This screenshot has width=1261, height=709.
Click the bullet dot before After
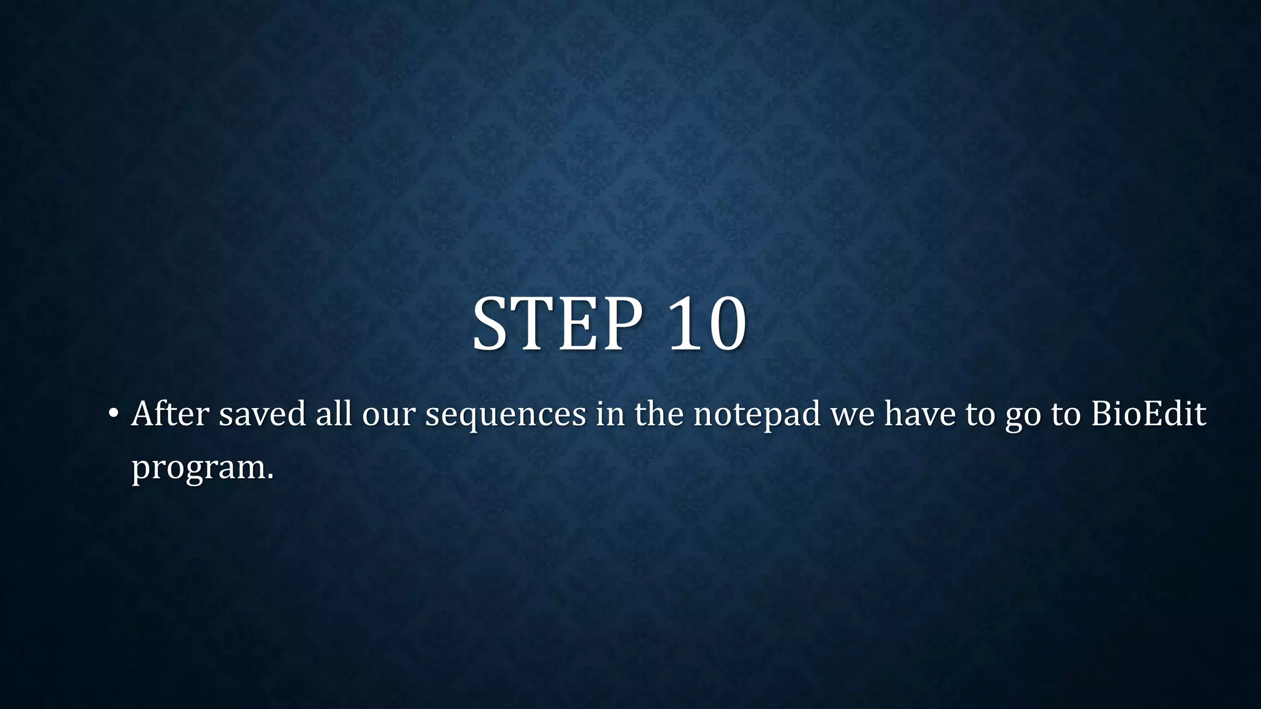click(112, 413)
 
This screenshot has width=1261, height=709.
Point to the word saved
click(262, 414)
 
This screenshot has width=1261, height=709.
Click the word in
click(610, 414)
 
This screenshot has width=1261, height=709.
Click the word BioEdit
click(1148, 414)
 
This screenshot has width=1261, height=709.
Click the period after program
click(270, 477)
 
